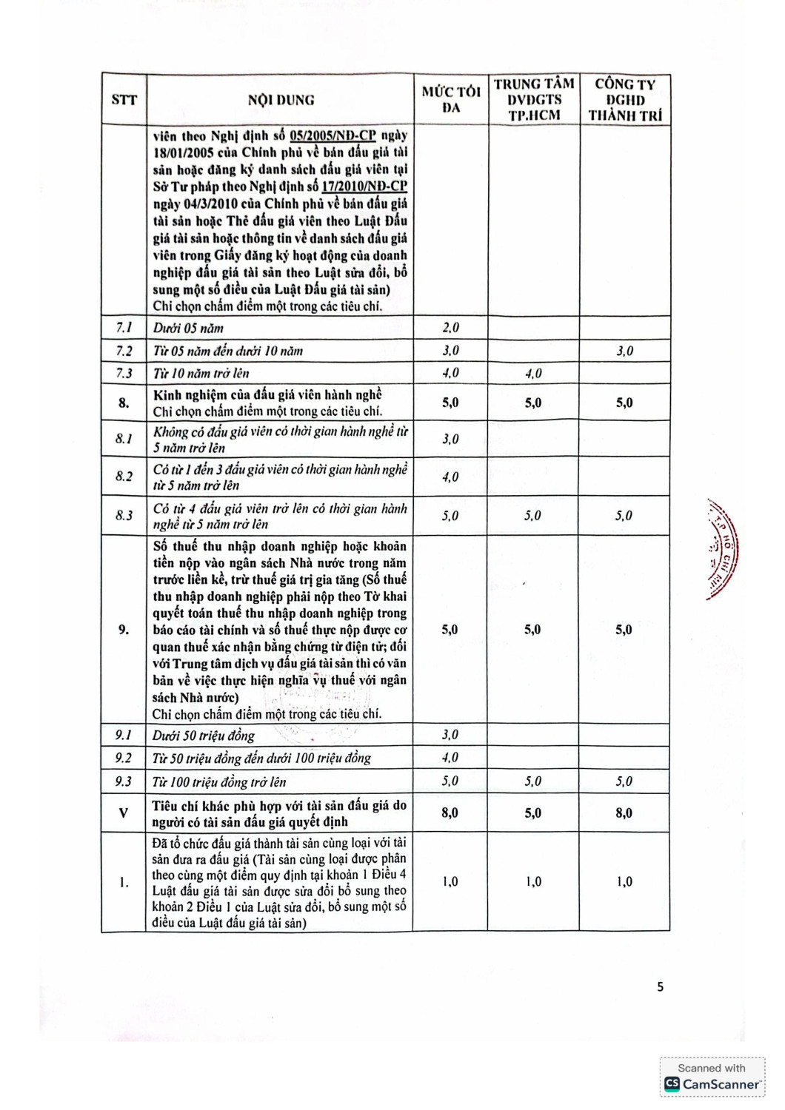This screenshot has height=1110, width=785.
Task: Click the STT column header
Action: coord(124,100)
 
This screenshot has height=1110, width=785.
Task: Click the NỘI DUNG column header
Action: coord(281,100)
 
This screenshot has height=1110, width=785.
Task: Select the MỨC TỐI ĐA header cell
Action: coord(451,100)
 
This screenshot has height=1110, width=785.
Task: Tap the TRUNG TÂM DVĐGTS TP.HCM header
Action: coord(534,100)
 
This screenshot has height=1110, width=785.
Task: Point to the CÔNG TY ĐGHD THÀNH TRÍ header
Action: coord(625,100)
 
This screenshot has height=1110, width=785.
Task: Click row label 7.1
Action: coord(124,328)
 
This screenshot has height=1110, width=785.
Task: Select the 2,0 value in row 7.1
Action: coord(450,328)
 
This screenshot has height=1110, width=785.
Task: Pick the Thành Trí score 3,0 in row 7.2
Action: coord(624,351)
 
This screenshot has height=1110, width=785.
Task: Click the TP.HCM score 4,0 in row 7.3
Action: coord(533,373)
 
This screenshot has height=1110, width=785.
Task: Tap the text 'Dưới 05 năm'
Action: coord(188,328)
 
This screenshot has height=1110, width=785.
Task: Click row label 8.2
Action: coord(124,477)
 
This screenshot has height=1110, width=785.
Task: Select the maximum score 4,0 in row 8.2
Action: coord(450,477)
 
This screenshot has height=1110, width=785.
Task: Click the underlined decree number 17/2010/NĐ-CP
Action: coord(364,186)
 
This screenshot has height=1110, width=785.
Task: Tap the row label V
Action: coord(124,813)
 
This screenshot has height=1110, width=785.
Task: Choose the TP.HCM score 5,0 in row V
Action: coord(533,813)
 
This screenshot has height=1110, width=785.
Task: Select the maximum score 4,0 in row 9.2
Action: coord(450,758)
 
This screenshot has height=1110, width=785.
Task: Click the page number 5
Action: coord(660,986)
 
